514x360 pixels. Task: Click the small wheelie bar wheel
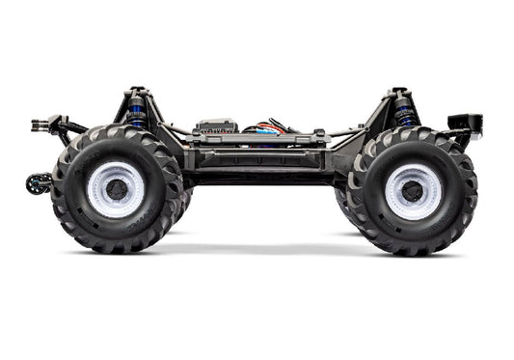[x=37, y=183]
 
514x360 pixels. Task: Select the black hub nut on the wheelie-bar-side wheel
[x=118, y=187]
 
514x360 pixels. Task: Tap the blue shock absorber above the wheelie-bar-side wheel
[x=136, y=113]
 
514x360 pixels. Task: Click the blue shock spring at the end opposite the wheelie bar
[x=403, y=114]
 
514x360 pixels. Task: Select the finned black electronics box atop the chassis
[x=216, y=126]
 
